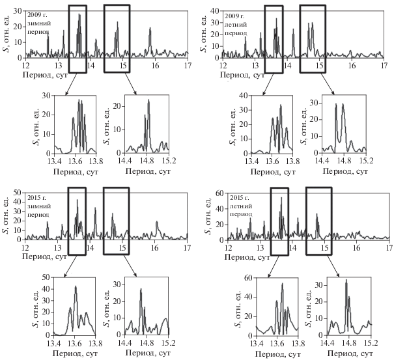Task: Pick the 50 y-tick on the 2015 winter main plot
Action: coord(18,193)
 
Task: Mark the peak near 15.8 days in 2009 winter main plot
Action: coord(150,29)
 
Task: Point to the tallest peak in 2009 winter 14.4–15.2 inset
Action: coord(148,101)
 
